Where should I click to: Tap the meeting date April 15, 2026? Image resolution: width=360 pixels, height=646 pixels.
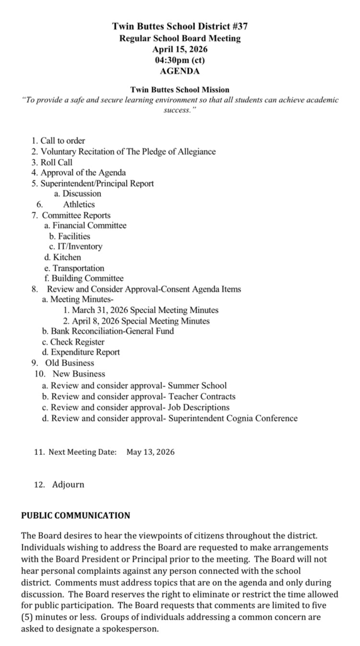180,49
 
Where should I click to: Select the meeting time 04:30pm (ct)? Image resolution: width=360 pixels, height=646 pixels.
180,60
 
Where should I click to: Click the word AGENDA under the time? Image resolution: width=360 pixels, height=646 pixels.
180,71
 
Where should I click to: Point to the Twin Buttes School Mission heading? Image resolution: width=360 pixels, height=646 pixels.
180,90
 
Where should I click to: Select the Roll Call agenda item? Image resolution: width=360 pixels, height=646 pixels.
57,162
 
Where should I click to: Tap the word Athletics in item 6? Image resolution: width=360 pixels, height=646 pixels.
79,204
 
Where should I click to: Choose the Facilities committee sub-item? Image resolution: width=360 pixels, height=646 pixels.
74,236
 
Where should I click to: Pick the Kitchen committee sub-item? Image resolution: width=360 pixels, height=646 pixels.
66,257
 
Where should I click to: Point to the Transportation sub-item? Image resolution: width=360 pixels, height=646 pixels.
78,268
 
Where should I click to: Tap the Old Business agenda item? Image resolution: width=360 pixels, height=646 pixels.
69,363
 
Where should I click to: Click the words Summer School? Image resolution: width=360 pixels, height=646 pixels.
198,385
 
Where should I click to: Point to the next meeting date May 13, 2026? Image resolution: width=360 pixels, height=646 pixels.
151,452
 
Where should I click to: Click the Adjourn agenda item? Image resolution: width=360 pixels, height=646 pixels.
67,484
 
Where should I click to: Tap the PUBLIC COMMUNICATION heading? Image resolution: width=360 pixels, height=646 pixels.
76,515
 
